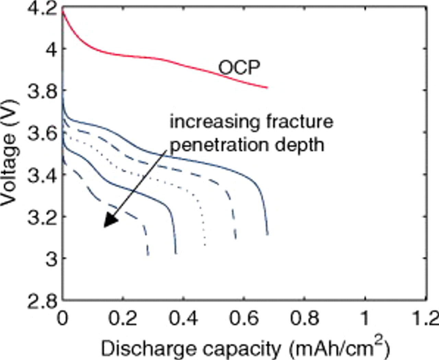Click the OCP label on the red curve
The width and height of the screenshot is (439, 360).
click(239, 68)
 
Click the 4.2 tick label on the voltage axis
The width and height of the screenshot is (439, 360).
click(41, 9)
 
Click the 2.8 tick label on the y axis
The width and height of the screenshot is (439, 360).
click(41, 301)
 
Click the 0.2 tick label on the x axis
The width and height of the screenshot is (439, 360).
click(123, 318)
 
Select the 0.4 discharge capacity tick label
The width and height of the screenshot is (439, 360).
click(183, 318)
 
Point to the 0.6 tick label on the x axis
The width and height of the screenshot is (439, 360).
click(244, 318)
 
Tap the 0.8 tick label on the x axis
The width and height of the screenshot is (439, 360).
click(305, 318)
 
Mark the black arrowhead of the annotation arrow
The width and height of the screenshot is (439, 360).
click(110, 220)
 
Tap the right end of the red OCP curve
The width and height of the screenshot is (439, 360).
click(267, 88)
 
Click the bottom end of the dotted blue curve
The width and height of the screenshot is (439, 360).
click(205, 245)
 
